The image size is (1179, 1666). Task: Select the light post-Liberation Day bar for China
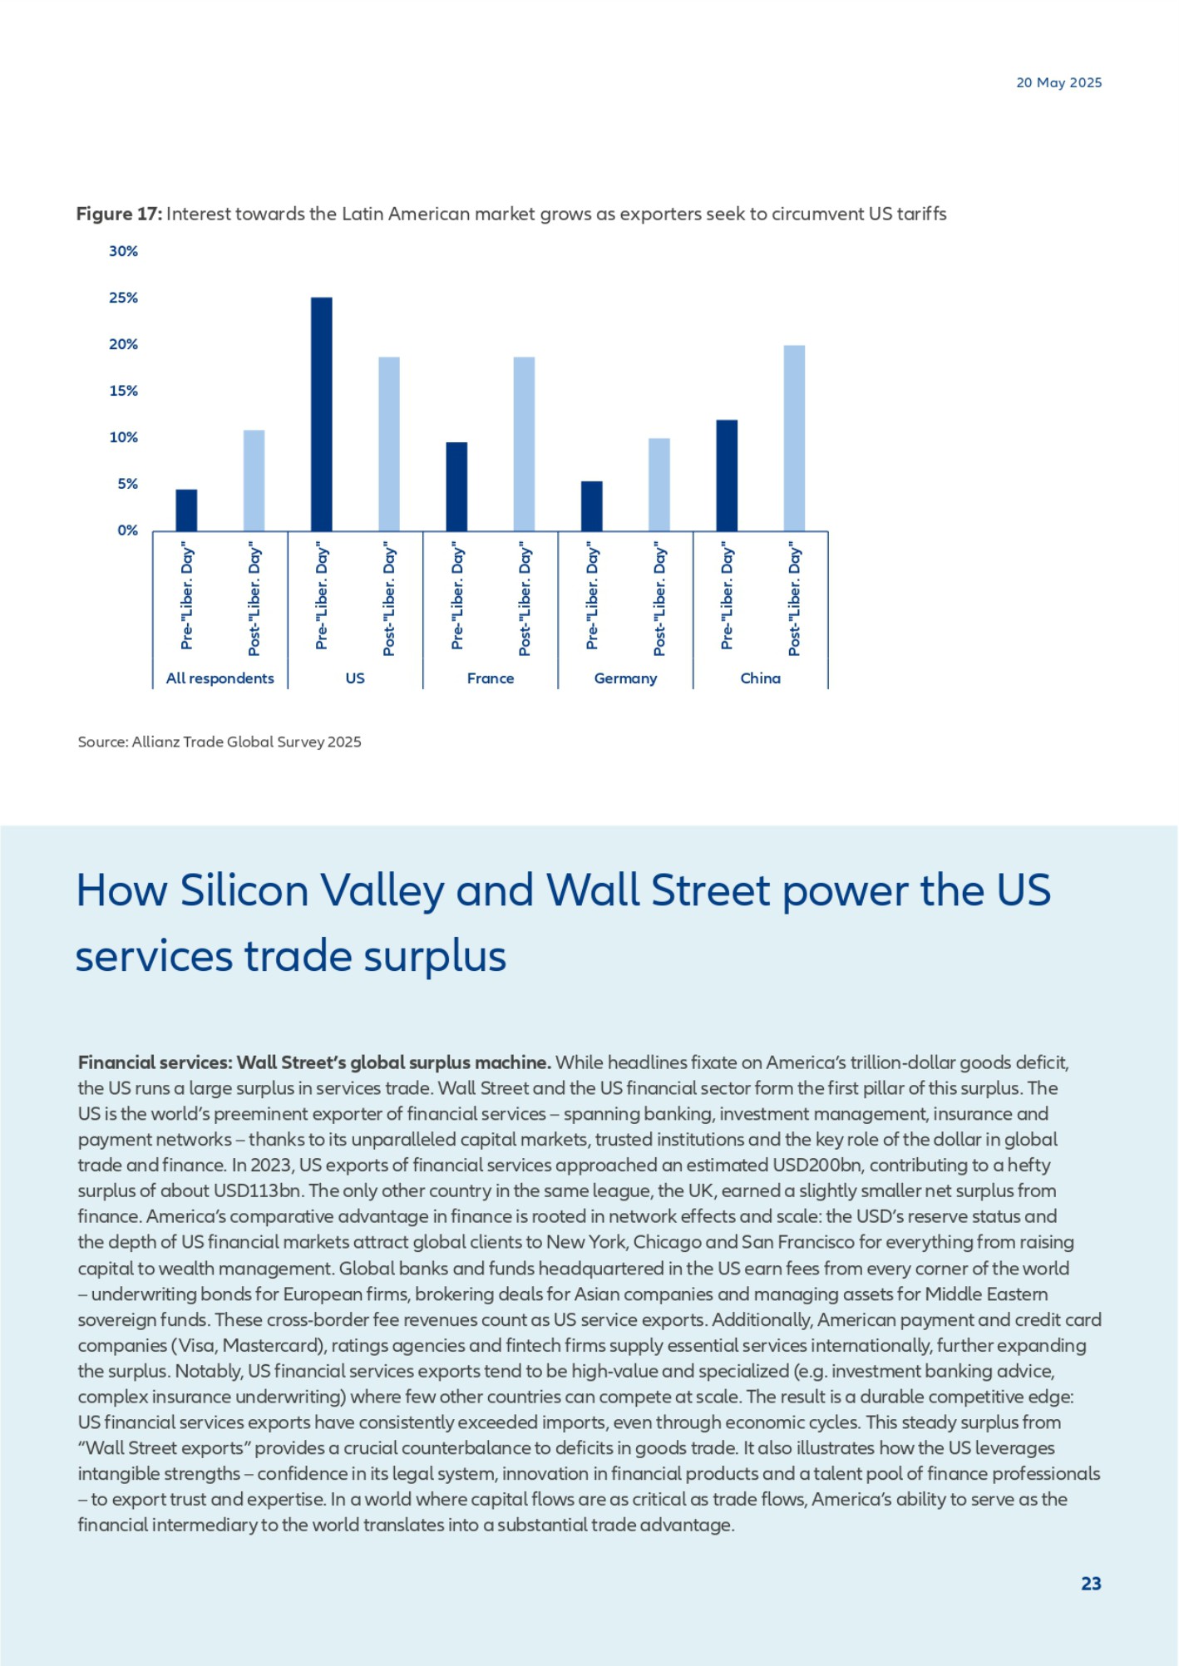794,438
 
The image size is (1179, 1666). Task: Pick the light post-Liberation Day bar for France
524,444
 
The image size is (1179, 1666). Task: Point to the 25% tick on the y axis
123,298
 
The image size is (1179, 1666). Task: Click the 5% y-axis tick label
127,484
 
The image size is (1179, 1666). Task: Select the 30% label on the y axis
123,251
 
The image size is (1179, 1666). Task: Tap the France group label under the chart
491,678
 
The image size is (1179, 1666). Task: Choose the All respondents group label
220,678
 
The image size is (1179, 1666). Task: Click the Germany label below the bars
625,678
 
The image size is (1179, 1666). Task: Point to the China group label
760,678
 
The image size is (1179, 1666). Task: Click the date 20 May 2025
1058,82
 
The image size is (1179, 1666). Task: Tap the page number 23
1091,1583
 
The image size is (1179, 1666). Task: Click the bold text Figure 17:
119,214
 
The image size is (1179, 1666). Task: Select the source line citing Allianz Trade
220,742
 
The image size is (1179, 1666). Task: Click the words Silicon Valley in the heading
312,890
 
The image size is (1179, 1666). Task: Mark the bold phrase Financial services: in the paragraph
155,1062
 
